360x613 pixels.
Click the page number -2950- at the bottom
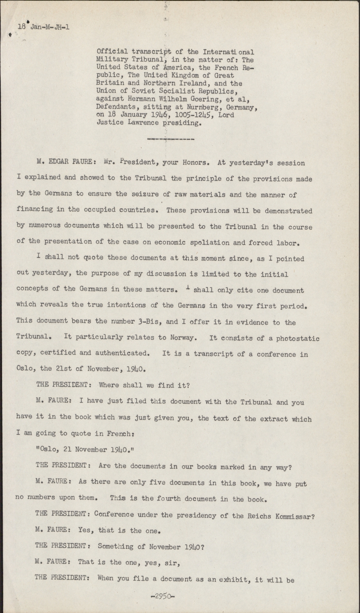[162, 596]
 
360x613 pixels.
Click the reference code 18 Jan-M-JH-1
[44, 27]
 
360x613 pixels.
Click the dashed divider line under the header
[170, 139]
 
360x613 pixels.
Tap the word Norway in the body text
[184, 338]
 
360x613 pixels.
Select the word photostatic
[297, 338]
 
